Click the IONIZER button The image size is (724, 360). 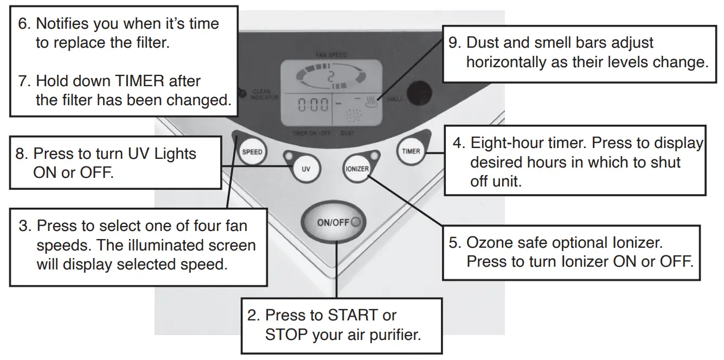pyautogui.click(x=356, y=169)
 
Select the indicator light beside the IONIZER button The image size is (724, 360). pyautogui.click(x=373, y=157)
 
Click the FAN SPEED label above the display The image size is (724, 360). pyautogui.click(x=331, y=55)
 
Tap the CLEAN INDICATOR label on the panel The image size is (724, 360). pyautogui.click(x=265, y=95)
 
